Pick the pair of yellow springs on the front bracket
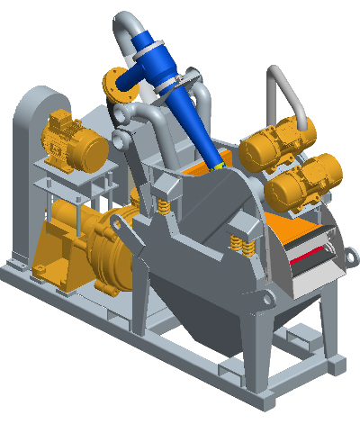tap(243, 244)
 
